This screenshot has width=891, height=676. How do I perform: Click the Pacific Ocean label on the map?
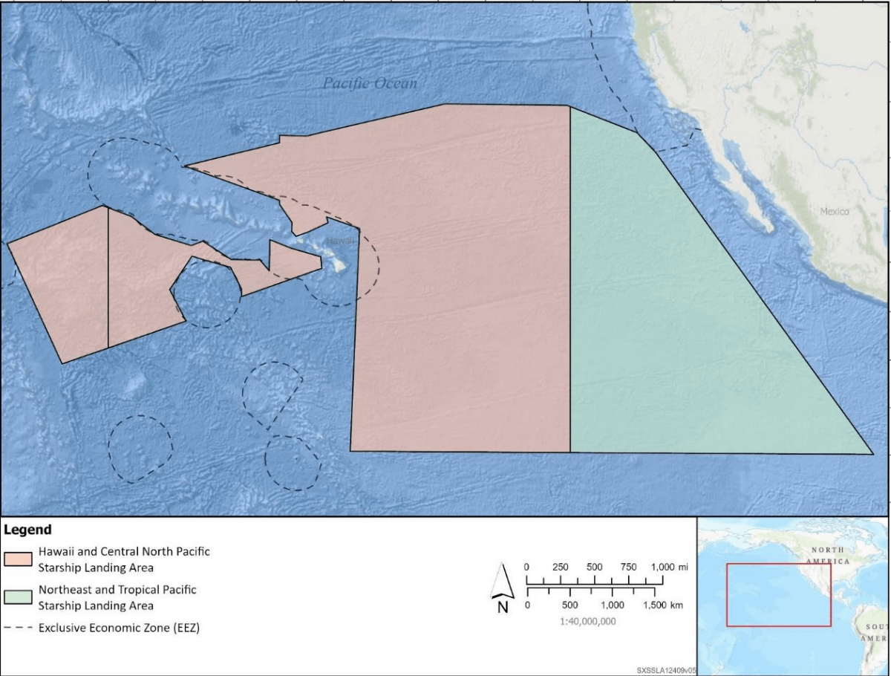pyautogui.click(x=370, y=83)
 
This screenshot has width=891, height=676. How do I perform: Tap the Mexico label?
pyautogui.click(x=834, y=212)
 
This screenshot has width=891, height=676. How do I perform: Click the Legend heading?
pyautogui.click(x=28, y=530)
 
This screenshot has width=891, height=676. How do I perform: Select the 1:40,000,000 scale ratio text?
pyautogui.click(x=587, y=621)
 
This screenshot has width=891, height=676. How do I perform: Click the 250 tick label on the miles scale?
pyautogui.click(x=561, y=567)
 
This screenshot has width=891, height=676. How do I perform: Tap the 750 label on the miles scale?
pyautogui.click(x=628, y=567)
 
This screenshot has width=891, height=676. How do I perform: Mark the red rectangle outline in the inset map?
pyautogui.click(x=727, y=594)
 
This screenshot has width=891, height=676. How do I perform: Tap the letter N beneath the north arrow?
pyautogui.click(x=503, y=606)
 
